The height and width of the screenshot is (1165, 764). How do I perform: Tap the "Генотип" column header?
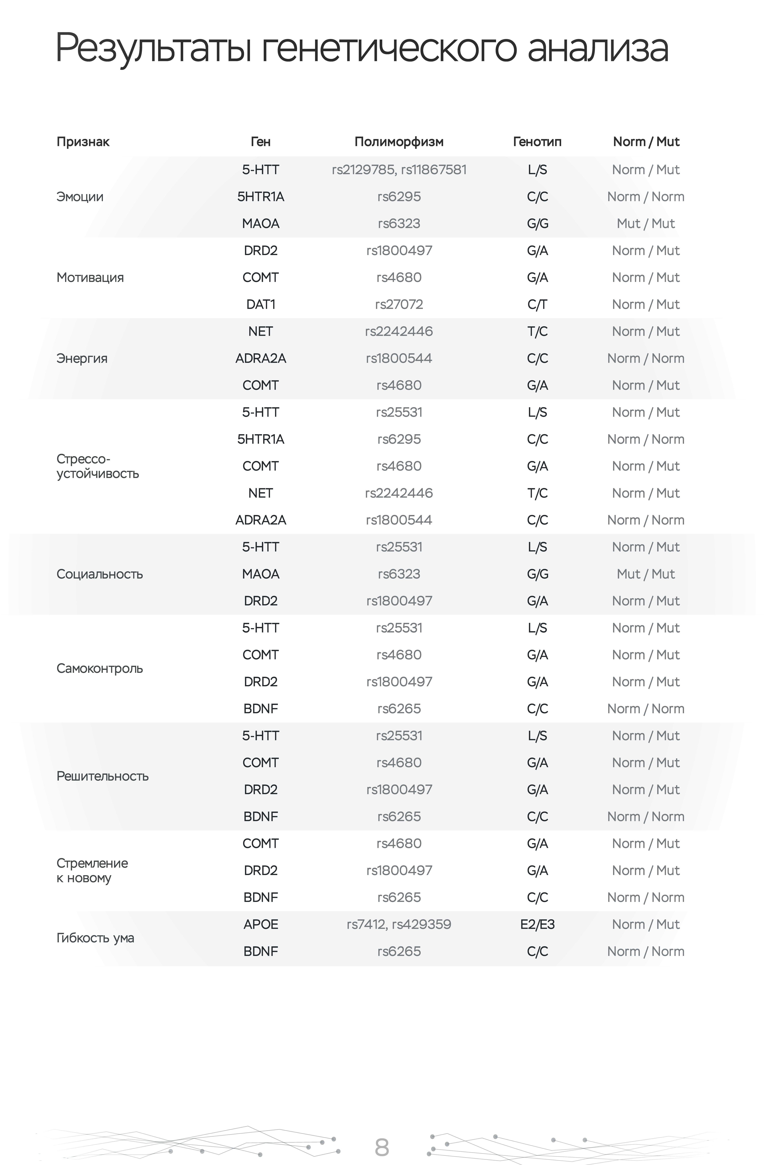coord(537,142)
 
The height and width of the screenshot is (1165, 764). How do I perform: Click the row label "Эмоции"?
coord(80,197)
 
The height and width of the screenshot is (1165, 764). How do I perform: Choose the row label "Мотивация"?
coord(90,278)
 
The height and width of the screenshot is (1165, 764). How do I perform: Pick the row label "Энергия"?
coord(82,358)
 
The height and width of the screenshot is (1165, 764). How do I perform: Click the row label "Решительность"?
coord(102,776)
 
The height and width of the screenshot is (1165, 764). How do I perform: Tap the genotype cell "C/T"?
coord(537,304)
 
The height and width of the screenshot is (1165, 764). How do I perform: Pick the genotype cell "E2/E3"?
coord(537,925)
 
